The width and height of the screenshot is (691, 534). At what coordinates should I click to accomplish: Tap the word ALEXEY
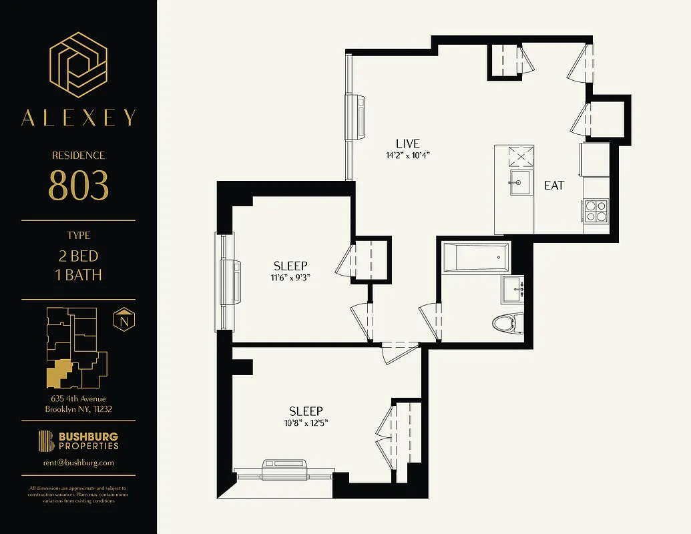click(x=79, y=118)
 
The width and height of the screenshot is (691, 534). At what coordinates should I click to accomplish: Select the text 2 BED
click(x=79, y=256)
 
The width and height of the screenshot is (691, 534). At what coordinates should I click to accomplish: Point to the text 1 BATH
click(x=79, y=274)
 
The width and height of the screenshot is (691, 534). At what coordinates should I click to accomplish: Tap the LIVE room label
click(x=407, y=144)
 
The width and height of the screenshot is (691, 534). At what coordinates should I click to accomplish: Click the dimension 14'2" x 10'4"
click(x=407, y=156)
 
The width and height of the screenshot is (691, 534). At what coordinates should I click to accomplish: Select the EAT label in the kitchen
click(x=554, y=186)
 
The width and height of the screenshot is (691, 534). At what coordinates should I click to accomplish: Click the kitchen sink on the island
click(x=520, y=182)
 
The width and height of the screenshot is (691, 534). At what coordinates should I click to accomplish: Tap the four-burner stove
click(x=595, y=211)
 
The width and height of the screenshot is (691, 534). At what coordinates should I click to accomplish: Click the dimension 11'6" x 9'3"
click(x=290, y=278)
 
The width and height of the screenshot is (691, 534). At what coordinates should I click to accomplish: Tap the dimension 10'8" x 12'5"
click(x=306, y=423)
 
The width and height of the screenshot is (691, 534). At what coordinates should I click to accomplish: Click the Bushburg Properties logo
click(x=79, y=441)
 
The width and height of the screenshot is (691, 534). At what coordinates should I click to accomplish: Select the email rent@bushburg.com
click(x=79, y=463)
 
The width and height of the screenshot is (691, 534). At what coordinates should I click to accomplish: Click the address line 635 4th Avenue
click(x=79, y=399)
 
